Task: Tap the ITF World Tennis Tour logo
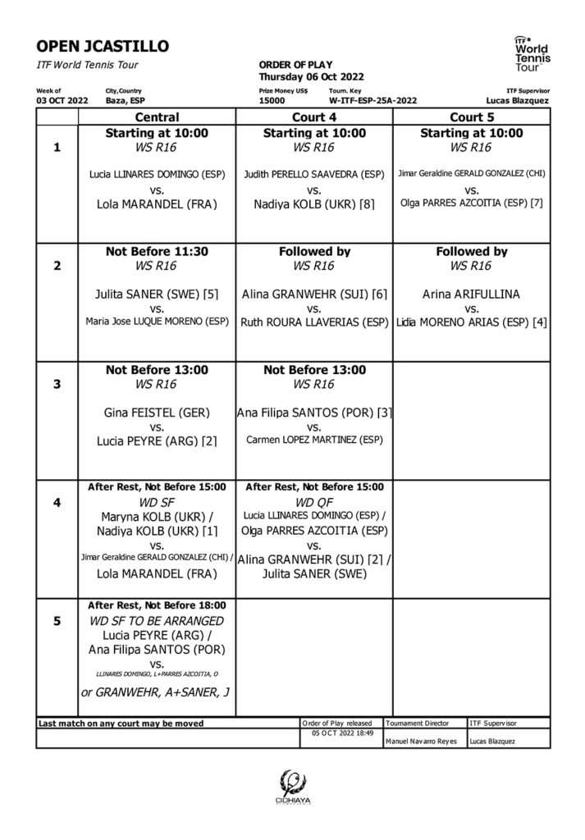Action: coord(532,53)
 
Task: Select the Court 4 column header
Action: coord(314,117)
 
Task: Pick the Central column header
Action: coord(157,117)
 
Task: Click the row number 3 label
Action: coord(57,383)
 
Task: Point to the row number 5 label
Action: coord(57,621)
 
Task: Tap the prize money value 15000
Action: coord(272,100)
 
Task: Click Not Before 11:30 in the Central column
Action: coord(157,252)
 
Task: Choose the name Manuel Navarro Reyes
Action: coord(420,742)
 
